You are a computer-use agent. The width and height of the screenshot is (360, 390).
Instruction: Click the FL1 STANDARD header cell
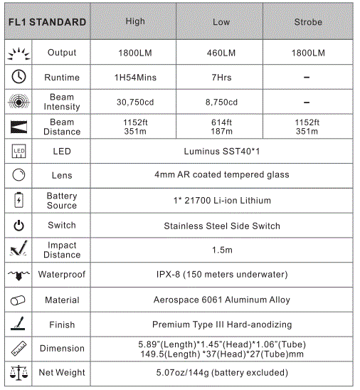coord(47,22)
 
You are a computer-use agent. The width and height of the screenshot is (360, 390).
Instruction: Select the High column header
coord(135,21)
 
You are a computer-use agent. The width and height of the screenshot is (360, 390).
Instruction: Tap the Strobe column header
coord(308,22)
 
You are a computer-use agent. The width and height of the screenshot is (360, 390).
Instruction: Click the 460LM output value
coord(221,53)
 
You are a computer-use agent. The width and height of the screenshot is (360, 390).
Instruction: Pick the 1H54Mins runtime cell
coord(135,78)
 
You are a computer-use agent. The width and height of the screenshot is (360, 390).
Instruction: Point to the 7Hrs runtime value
coord(221,78)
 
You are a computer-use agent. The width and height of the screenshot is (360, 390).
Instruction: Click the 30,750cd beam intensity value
coord(135,102)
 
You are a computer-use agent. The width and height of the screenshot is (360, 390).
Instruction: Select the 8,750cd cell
coord(221,102)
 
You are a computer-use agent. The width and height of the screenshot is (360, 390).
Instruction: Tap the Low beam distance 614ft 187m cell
coord(221,127)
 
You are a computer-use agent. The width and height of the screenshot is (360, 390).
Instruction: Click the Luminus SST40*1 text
coord(222,152)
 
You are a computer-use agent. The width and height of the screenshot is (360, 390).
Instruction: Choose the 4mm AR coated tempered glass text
coord(222,176)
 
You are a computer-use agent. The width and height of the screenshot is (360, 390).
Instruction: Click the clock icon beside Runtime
coord(19,77)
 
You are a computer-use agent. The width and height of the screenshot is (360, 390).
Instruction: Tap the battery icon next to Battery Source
coord(19,200)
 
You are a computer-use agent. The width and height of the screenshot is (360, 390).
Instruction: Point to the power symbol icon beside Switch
coord(19,226)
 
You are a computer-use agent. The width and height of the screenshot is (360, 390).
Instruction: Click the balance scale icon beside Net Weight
coord(19,372)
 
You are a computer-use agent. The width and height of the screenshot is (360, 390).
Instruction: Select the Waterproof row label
coord(62,275)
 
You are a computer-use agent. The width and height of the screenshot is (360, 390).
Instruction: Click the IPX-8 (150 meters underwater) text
coord(222,275)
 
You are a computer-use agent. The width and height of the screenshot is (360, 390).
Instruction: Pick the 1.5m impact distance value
coord(222,250)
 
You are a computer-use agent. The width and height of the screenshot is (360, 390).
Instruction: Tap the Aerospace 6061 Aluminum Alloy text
coord(222,300)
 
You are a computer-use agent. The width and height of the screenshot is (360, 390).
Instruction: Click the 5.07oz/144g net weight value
coord(222,372)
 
